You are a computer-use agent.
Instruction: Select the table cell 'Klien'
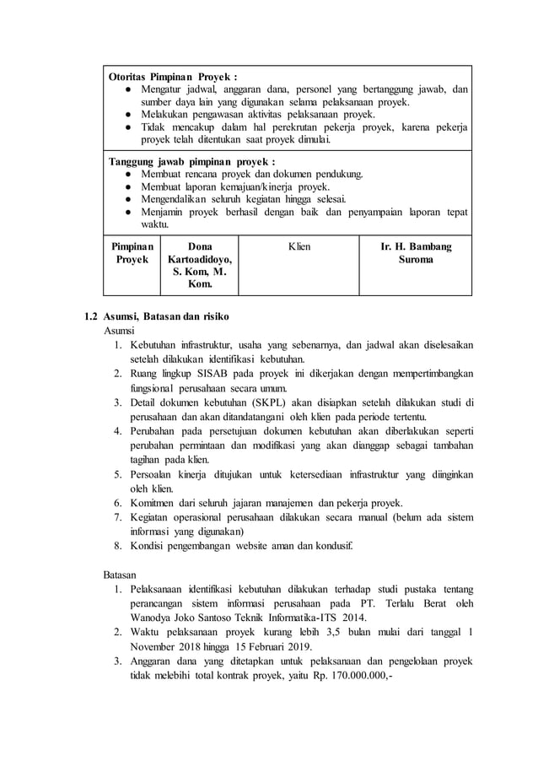(299, 246)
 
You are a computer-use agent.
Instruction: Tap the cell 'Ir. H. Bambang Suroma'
(417, 253)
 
